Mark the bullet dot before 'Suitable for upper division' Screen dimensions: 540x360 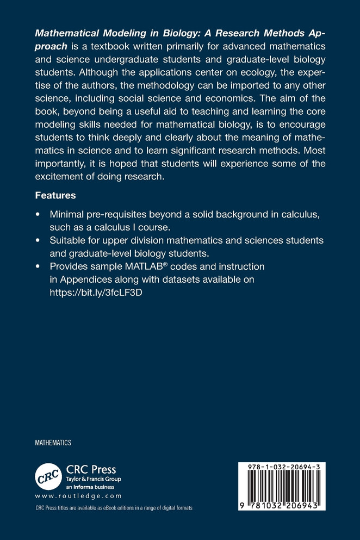coord(37,240)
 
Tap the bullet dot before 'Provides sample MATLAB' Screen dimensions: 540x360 coord(37,266)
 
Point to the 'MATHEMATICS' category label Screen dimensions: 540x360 coord(53,443)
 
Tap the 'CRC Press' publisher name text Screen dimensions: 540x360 coord(91,469)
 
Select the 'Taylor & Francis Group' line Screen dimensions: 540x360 coord(93,479)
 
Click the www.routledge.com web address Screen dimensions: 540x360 coord(78,496)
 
